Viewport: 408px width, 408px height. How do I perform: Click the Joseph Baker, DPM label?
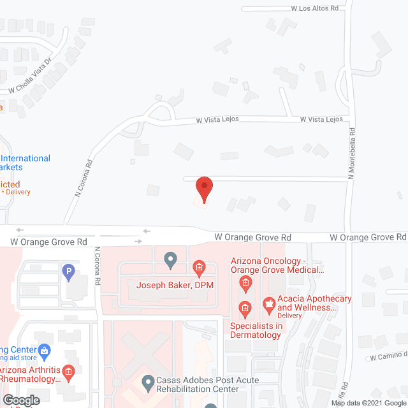pyautogui.click(x=174, y=284)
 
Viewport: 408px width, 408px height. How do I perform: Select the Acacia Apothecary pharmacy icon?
pyautogui.click(x=268, y=303)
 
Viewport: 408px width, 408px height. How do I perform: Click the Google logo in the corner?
pyautogui.click(x=20, y=400)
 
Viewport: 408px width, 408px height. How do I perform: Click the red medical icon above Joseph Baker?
pyautogui.click(x=199, y=267)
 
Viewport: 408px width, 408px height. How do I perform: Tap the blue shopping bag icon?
pyautogui.click(x=44, y=349)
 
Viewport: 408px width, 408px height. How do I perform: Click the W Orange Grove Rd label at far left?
pyautogui.click(x=49, y=242)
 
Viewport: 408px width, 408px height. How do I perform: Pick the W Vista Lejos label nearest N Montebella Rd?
pyautogui.click(x=322, y=119)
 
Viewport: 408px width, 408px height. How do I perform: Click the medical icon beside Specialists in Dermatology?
pyautogui.click(x=244, y=309)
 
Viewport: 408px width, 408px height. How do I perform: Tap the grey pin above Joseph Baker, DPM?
pyautogui.click(x=170, y=259)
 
